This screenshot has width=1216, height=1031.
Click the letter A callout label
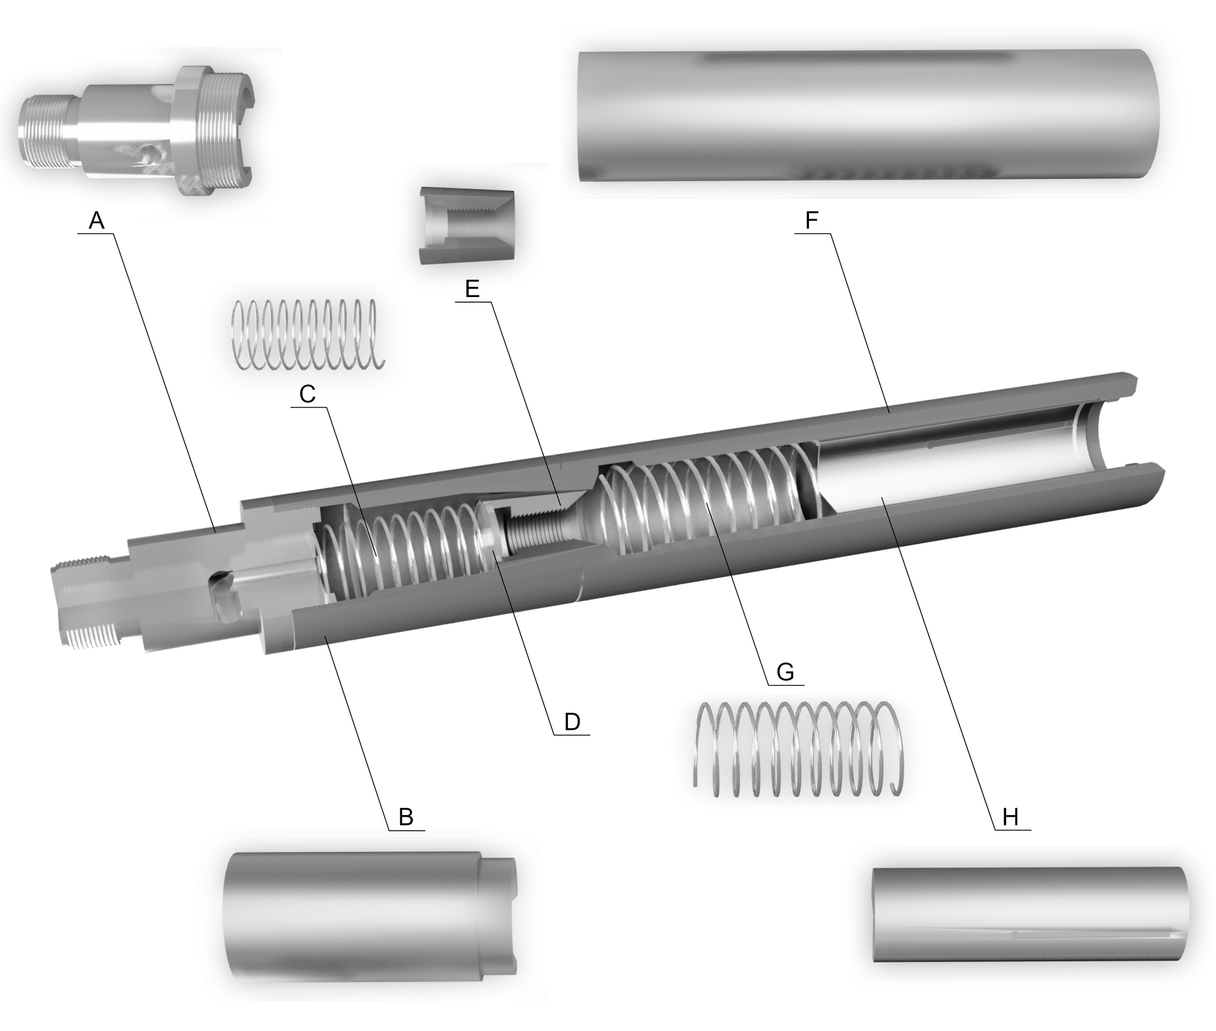coord(96,221)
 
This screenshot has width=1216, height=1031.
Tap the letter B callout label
coord(406,817)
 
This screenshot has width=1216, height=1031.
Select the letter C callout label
coord(308,394)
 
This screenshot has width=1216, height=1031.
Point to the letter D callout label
coord(572,722)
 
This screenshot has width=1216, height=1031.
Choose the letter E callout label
coord(473,289)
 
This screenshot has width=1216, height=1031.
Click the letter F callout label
coord(812,221)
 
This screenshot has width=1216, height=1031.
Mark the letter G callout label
coord(785,672)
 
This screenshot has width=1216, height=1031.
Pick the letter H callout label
coord(1011,817)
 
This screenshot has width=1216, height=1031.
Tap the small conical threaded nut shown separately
coord(468,226)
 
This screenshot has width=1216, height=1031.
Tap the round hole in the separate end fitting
coord(149,155)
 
